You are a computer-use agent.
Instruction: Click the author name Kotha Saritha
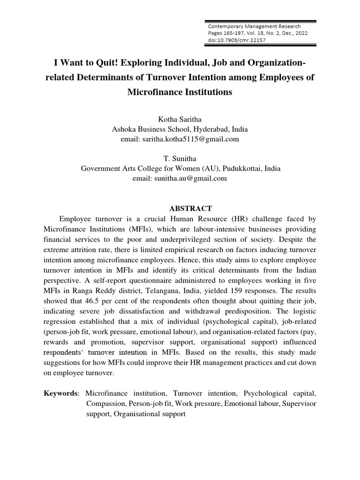tap(180, 120)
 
